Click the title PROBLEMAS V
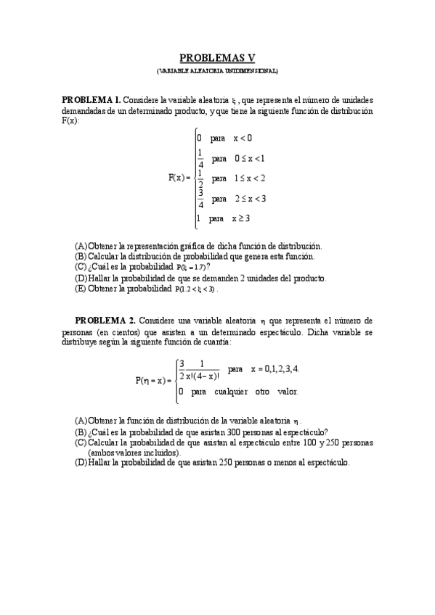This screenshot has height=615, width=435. pyautogui.click(x=217, y=59)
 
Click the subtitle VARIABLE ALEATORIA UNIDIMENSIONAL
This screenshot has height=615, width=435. pyautogui.click(x=217, y=71)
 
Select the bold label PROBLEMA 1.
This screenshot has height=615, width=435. pyautogui.click(x=91, y=99)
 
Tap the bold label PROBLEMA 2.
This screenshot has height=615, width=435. pyautogui.click(x=105, y=320)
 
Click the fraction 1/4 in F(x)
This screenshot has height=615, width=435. pyautogui.click(x=200, y=158)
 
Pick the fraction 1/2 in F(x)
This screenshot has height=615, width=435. pyautogui.click(x=200, y=178)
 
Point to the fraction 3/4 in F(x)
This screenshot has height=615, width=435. pyautogui.click(x=200, y=198)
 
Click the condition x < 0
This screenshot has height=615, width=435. pyautogui.click(x=243, y=138)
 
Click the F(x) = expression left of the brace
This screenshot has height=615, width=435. pyautogui.click(x=179, y=178)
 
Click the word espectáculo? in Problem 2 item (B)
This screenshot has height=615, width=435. pyautogui.click(x=303, y=431)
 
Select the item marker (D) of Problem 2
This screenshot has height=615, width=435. pyautogui.click(x=81, y=462)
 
